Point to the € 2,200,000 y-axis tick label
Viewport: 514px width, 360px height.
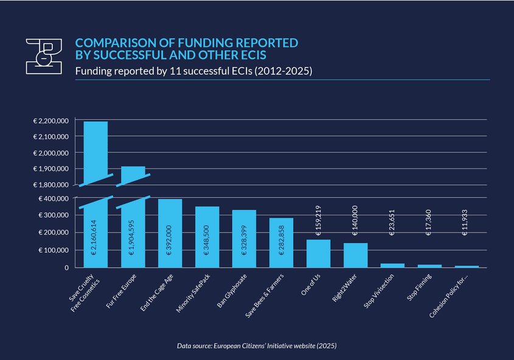[x=51, y=121]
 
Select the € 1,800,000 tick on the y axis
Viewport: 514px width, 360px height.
[x=51, y=184]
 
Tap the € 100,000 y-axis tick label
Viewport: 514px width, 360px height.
[x=54, y=250]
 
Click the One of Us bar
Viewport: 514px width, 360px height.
[x=318, y=253]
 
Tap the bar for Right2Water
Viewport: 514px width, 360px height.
[x=355, y=255]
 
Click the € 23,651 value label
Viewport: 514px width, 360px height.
[x=392, y=243]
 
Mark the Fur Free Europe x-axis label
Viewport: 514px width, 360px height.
[x=125, y=292]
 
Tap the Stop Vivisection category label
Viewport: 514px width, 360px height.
[x=381, y=293]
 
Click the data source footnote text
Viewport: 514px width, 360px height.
[x=257, y=345]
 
